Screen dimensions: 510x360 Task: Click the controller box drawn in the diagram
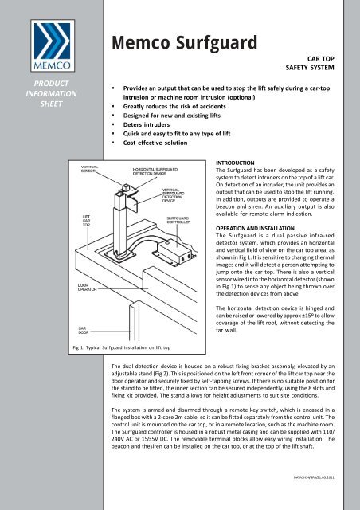(x=182, y=257)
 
